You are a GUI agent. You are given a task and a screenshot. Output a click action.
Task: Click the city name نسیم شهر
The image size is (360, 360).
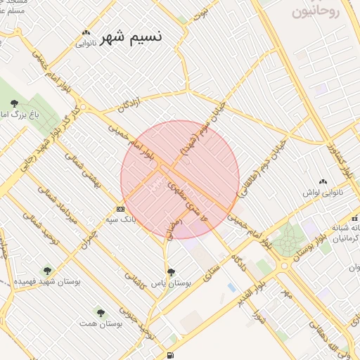(x=131, y=37)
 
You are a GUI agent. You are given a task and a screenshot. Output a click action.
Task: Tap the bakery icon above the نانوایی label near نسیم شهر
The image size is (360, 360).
(x=86, y=32)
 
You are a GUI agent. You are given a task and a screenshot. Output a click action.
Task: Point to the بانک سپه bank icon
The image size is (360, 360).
(x=120, y=209)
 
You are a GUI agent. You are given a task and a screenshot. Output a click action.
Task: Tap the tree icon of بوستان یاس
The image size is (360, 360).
(x=171, y=271)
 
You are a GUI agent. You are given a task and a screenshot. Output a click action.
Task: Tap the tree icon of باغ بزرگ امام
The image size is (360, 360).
(x=14, y=104)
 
